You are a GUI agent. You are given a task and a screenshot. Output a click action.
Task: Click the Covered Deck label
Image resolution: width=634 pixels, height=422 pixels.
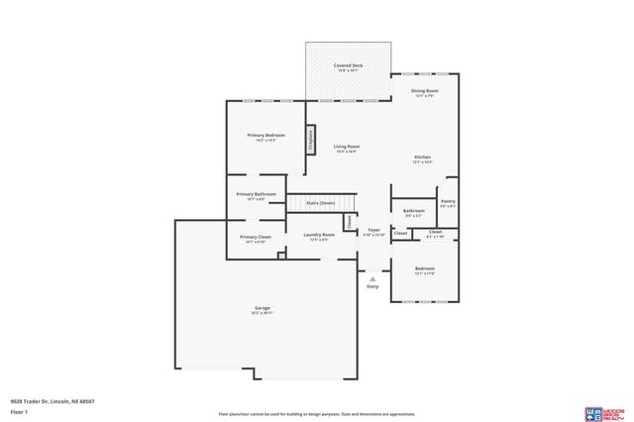pos(348,65)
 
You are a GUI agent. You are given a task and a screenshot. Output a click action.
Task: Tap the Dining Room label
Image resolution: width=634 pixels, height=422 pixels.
pos(425,91)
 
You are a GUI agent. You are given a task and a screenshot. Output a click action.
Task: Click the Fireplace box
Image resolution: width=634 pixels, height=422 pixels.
pos(311,140)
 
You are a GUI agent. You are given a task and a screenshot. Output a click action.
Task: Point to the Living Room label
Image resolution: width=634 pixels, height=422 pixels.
pos(346,147)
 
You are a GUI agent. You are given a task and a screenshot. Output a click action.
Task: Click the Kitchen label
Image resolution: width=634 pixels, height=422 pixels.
pos(423,158)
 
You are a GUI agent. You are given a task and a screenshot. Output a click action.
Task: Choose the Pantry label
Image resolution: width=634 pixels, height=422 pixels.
pos(448,200)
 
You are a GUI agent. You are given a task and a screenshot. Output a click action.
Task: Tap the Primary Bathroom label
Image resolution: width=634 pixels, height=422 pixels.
pos(256,194)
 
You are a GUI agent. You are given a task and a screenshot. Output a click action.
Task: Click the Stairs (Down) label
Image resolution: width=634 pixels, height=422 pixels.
pos(319,202)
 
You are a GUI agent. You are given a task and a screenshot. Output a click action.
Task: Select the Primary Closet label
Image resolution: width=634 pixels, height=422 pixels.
pos(256,237)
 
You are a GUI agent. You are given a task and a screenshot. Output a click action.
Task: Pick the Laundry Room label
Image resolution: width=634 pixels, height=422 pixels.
pos(319,235)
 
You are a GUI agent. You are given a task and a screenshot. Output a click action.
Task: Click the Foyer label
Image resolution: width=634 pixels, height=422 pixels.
pos(373,230)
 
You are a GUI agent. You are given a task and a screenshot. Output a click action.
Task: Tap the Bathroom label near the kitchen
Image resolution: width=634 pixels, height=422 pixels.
pos(413,210)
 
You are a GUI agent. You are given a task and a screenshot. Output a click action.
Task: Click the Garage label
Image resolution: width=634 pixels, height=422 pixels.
pos(262,308)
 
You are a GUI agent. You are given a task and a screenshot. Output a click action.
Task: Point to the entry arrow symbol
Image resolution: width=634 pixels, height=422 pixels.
pos(372,278)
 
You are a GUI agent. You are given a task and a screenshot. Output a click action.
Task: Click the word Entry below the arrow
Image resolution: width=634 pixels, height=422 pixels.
pos(372,286)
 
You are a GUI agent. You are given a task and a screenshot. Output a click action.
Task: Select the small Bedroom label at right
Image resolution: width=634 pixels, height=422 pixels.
pos(424,268)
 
